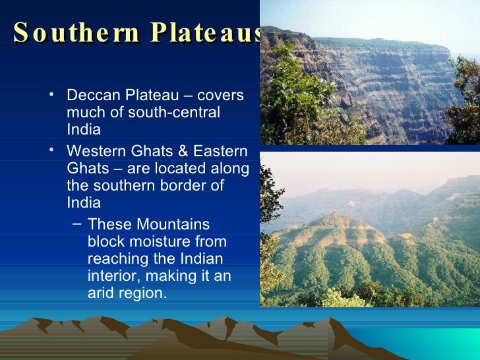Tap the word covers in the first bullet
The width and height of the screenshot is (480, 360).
click(221, 96)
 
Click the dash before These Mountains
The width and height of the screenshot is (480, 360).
click(75, 223)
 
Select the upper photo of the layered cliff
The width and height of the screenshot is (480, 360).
click(369, 73)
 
